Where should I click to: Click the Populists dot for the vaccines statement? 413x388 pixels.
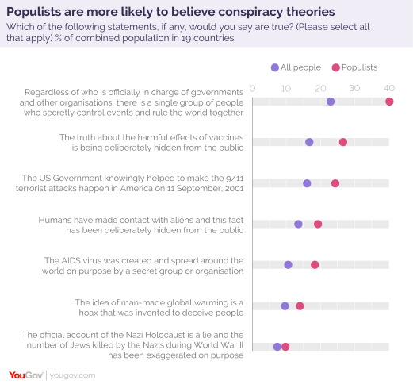[342, 142]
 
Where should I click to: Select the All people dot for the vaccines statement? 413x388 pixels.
[309, 142]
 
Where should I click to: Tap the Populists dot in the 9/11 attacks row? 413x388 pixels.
[335, 183]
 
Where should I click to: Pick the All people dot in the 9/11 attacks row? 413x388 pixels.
[307, 183]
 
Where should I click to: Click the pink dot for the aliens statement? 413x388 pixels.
[318, 224]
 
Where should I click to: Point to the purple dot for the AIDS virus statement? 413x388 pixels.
[288, 265]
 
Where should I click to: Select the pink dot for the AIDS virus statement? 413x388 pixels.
[315, 265]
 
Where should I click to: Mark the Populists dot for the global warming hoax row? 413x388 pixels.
[300, 305]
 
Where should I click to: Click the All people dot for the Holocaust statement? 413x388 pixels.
[277, 347]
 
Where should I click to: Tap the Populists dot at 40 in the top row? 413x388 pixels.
[389, 102]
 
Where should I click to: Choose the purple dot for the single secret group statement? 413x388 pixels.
[330, 102]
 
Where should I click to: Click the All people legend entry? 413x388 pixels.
[296, 68]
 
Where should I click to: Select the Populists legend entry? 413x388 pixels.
[356, 68]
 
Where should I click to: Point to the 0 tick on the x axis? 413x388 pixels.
[252, 87]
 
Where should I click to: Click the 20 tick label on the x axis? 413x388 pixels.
[320, 87]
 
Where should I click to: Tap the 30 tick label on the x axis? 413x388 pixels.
[354, 87]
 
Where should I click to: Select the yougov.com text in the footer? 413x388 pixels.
[73, 375]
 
